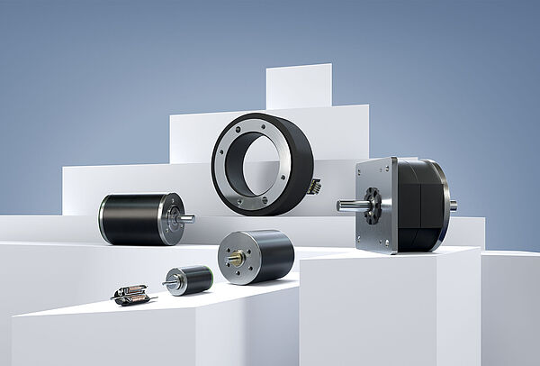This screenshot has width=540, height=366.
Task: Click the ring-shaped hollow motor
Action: (x=262, y=163)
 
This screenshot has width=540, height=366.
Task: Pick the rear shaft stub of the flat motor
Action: (x=453, y=206)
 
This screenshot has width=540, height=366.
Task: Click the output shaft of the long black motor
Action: (x=187, y=218)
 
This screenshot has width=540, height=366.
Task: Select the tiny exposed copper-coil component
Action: (x=130, y=294)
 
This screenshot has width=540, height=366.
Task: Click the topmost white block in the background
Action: (x=299, y=87)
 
